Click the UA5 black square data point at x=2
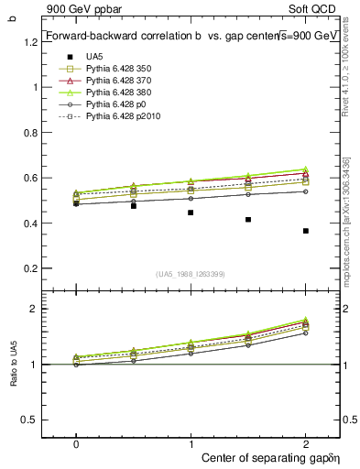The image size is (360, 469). click(x=306, y=231)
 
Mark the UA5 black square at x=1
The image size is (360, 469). click(x=191, y=213)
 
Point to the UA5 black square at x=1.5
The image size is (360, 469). click(x=248, y=220)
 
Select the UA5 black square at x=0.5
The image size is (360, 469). click(x=134, y=206)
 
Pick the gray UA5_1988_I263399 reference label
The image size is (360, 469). click(x=191, y=274)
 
